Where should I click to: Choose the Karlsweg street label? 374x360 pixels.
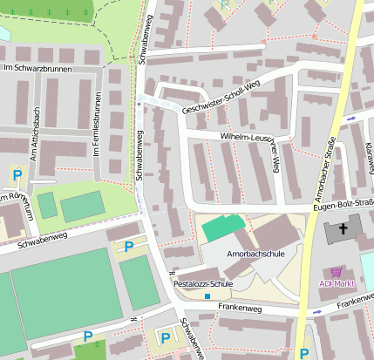[x=369, y=157]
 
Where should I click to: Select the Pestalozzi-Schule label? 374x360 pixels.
[x=203, y=284]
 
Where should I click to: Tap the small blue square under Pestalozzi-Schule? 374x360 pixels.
[x=207, y=296]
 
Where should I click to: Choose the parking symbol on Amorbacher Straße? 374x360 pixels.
[x=304, y=353]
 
